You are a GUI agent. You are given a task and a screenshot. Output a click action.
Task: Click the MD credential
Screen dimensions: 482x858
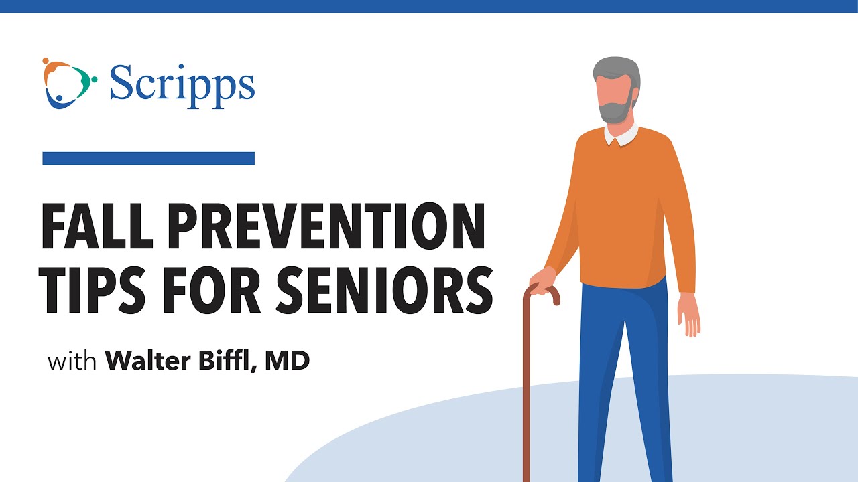point(287,361)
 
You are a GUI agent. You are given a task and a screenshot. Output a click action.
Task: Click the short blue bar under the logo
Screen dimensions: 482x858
point(148,158)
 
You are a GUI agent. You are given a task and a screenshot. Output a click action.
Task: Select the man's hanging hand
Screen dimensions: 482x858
point(688,315)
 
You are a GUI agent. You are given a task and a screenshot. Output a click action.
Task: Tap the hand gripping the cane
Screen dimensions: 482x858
point(543,278)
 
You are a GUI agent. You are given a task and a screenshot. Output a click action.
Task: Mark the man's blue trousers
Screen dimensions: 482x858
point(627,375)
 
